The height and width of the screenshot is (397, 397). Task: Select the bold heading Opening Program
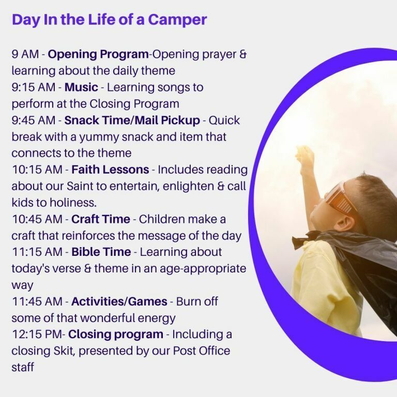coord(98,55)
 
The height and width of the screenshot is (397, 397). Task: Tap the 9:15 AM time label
coord(34,87)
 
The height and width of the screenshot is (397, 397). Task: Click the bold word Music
coord(81,87)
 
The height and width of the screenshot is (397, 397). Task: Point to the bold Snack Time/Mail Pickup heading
coord(132,121)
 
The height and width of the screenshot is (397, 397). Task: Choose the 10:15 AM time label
coord(37,170)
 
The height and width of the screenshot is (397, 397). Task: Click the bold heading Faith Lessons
coord(110,170)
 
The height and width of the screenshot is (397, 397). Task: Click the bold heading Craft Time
coord(101,219)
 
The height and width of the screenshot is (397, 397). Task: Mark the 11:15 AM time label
coord(37,252)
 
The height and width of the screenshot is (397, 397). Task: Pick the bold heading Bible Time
coord(101,252)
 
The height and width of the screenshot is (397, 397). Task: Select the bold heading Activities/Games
coord(119,301)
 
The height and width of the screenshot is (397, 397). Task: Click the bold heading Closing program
coord(116,335)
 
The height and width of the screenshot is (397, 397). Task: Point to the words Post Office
coord(202,351)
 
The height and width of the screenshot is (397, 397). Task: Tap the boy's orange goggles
coord(341,199)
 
